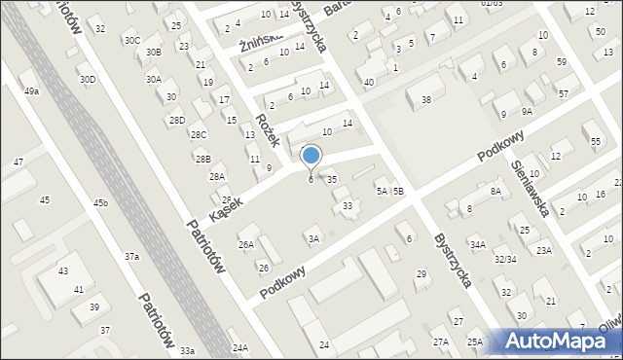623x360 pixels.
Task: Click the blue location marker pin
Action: pos(311,156)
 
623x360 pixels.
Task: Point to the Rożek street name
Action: pos(268,128)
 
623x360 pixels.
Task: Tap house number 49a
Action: pos(32,90)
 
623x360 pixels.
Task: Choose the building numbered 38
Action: pos(425,100)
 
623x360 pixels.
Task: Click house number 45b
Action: pos(100,202)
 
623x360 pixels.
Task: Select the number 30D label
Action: pos(88,79)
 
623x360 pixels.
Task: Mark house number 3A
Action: pos(312,238)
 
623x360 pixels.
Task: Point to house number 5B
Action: pos(398,192)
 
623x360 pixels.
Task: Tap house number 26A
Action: pos(246,244)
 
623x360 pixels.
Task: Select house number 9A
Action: pos(527,112)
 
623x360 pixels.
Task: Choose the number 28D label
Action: pos(176,120)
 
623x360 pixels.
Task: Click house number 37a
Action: pos(131,256)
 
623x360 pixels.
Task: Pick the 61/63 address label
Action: pos(492,4)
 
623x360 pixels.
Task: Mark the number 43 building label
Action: pos(63,270)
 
